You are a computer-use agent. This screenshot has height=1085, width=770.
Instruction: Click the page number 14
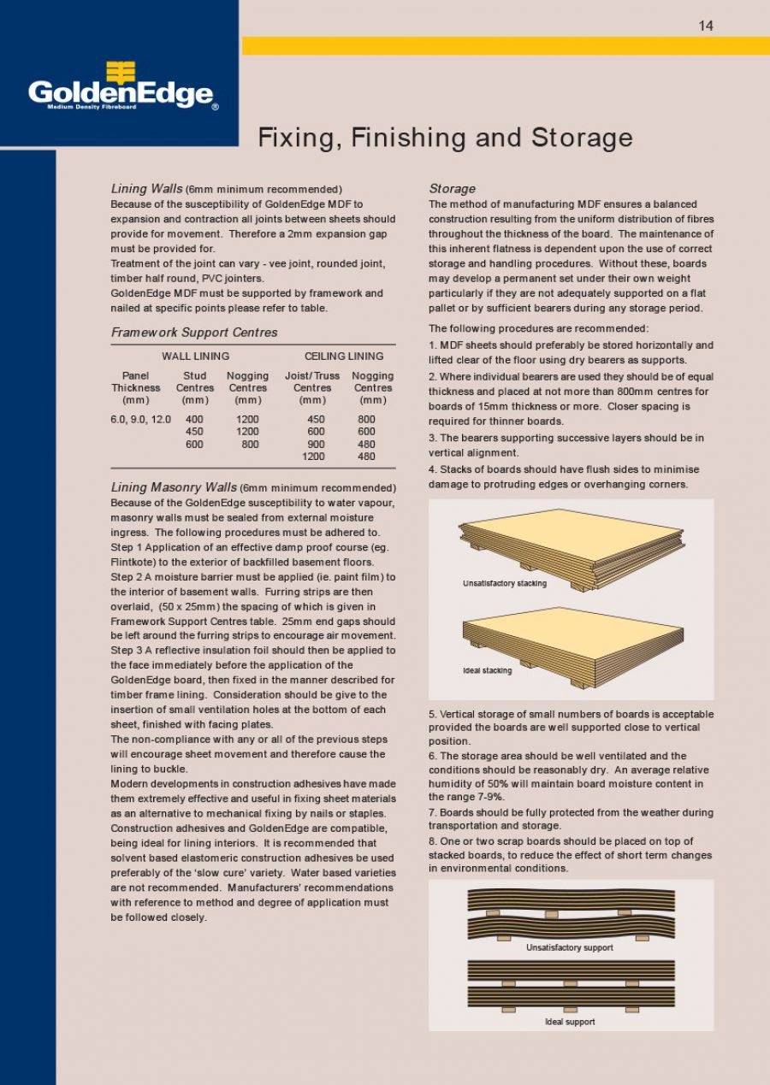pyautogui.click(x=705, y=26)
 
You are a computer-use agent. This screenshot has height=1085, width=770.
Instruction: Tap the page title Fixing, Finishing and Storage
pyautogui.click(x=445, y=137)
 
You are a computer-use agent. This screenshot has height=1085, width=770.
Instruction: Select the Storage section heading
pyautogui.click(x=452, y=189)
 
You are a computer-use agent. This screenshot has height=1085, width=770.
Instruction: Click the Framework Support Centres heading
pyautogui.click(x=194, y=332)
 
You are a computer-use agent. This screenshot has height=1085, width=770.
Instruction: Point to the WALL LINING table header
pyautogui.click(x=195, y=356)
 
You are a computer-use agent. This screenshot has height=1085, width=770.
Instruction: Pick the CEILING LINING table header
pyautogui.click(x=344, y=356)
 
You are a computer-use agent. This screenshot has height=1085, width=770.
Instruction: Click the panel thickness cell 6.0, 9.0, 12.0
pyautogui.click(x=140, y=420)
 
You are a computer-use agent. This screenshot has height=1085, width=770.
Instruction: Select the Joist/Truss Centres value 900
pyautogui.click(x=316, y=445)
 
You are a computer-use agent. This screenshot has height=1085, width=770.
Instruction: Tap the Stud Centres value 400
pyautogui.click(x=194, y=420)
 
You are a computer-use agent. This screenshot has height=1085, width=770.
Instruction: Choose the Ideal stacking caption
pyautogui.click(x=488, y=670)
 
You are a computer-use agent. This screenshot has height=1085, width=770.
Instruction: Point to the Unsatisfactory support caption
pyautogui.click(x=569, y=947)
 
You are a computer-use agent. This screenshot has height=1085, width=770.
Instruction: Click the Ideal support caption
pyautogui.click(x=570, y=1022)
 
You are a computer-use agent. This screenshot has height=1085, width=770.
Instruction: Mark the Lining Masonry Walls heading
pyautogui.click(x=174, y=487)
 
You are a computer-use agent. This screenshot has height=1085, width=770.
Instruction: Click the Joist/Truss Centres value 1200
pyautogui.click(x=313, y=457)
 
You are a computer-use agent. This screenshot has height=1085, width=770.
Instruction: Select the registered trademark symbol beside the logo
pyautogui.click(x=215, y=107)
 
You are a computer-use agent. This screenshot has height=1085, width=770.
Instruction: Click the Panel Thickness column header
pyautogui.click(x=135, y=387)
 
